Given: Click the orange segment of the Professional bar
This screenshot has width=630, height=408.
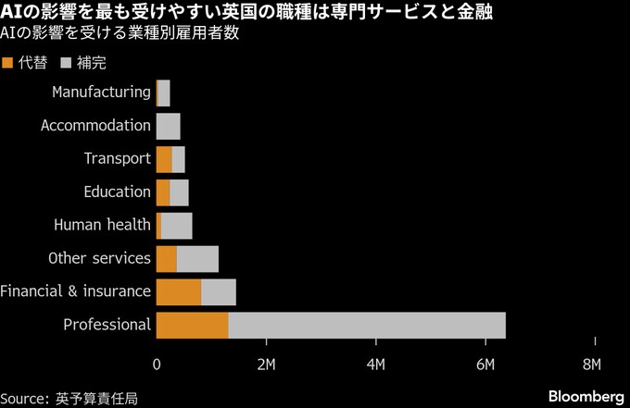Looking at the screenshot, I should [192, 325].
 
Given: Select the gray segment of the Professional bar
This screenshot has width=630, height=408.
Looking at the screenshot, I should [366, 325].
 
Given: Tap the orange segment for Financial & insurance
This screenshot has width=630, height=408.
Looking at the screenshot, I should [179, 291].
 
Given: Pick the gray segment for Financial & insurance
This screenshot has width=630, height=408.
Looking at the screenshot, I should [219, 291].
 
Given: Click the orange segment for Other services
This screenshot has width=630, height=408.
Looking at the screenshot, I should [167, 258].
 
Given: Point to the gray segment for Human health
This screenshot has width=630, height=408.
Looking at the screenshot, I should [177, 225].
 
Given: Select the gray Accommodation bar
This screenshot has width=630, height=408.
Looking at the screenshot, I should [169, 126].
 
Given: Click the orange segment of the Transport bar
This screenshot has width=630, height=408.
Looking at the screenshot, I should [164, 158].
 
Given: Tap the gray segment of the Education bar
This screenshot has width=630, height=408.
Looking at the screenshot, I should [179, 192].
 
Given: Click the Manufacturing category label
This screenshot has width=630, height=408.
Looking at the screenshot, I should [101, 92].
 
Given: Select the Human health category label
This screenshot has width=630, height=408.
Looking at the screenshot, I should [102, 225].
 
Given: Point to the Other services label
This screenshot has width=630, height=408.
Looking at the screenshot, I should [99, 258].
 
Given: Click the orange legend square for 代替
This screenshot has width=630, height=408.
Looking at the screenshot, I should [9, 63].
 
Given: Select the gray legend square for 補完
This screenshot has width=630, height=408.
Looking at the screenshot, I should [66, 63].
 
